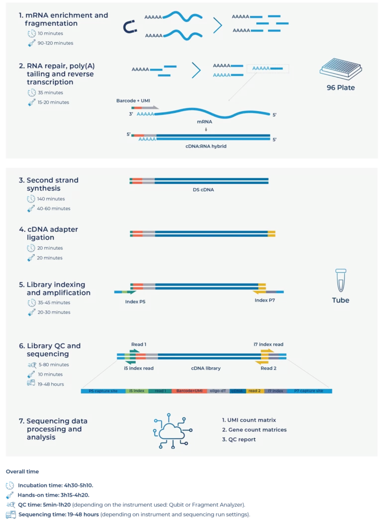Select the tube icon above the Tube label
coord(341,280)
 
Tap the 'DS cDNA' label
coord(203,190)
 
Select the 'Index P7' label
coord(265,301)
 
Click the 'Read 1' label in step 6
coord(138,344)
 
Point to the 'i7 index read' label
coord(268,344)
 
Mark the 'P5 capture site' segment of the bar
coord(103,391)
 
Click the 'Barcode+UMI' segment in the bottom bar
coord(189,391)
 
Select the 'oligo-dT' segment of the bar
coord(218,391)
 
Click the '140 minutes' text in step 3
coord(51,199)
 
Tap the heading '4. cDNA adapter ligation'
coord(48,233)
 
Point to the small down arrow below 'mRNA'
coord(206,130)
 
